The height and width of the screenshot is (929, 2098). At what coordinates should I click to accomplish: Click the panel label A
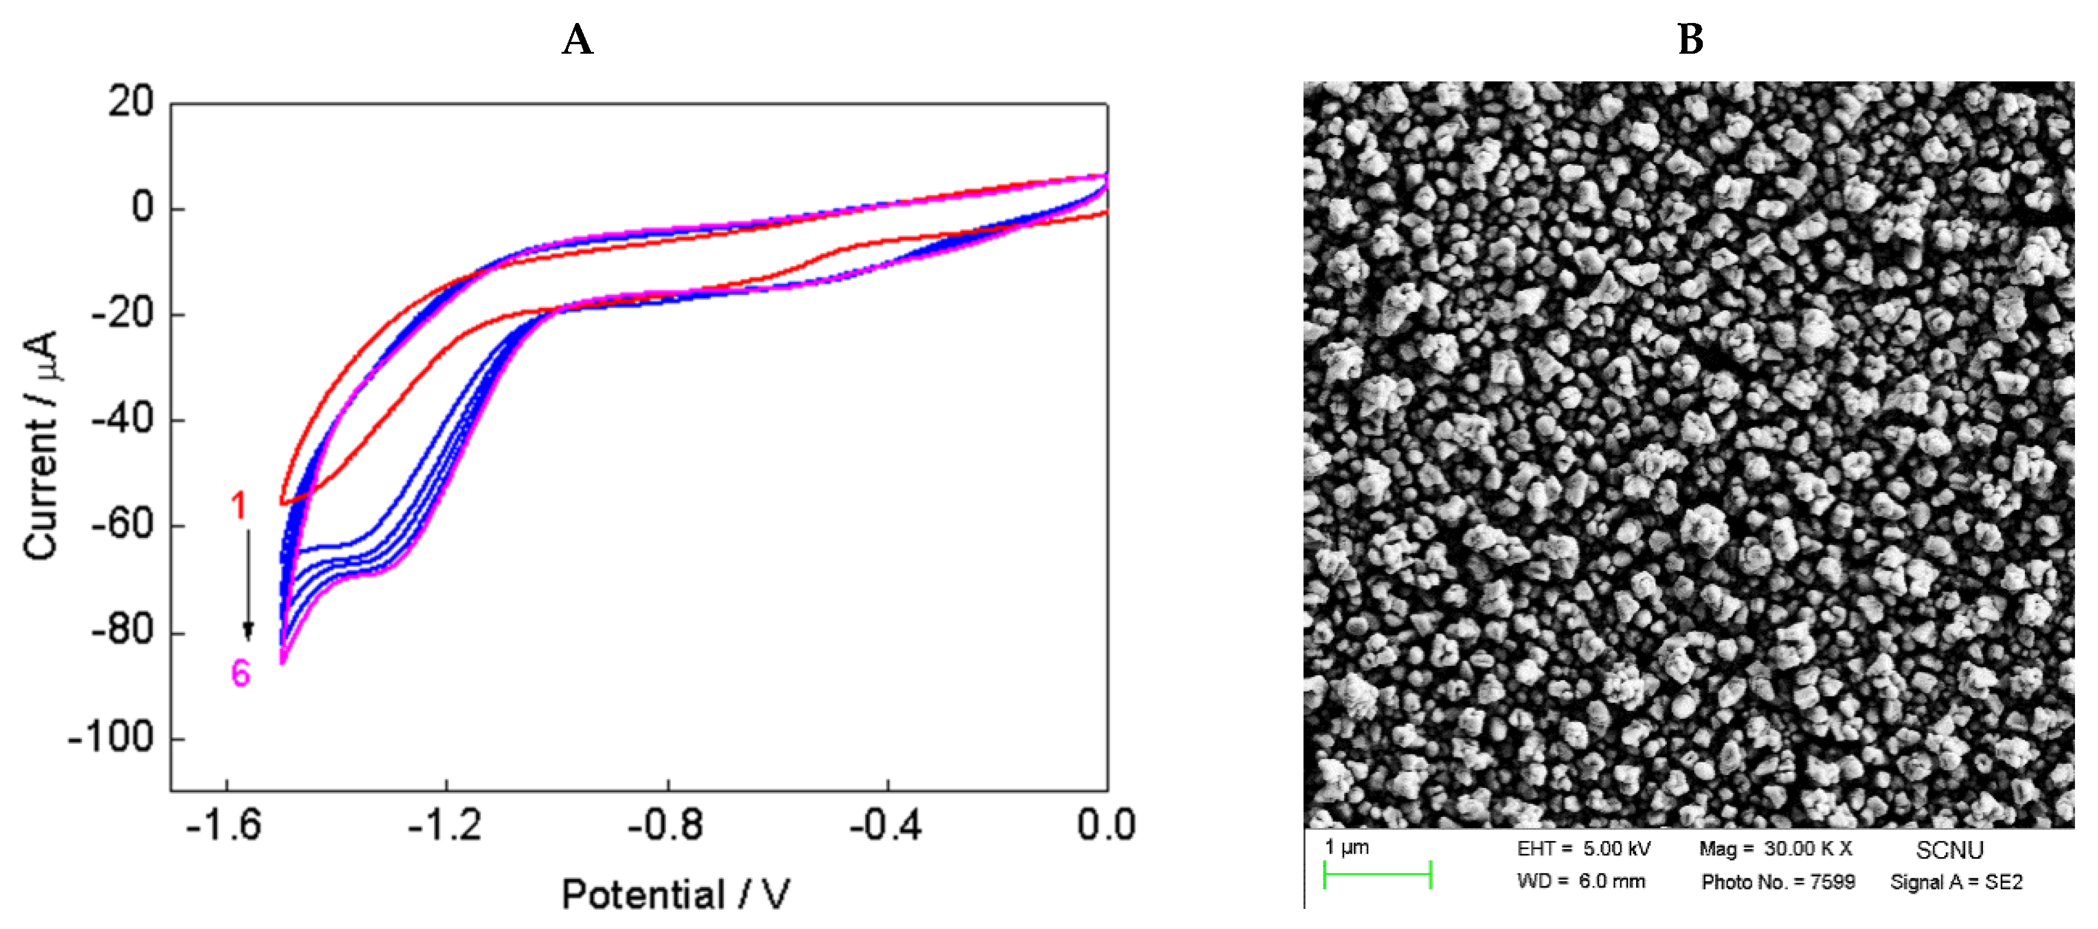tap(577, 39)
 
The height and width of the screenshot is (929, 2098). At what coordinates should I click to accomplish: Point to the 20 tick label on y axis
tap(130, 103)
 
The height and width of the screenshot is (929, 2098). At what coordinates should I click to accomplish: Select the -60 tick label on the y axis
tap(122, 524)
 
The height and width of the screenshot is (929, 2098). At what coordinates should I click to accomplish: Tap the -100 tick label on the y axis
tap(111, 738)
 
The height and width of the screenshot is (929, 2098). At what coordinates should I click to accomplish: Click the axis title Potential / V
tap(675, 895)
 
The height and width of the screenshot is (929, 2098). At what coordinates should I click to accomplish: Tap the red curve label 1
tap(239, 507)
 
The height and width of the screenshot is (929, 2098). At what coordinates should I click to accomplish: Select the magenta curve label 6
tap(240, 674)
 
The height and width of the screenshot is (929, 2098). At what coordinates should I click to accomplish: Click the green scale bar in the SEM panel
tap(1377, 875)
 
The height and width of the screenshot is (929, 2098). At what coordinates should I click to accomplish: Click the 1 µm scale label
tap(1347, 848)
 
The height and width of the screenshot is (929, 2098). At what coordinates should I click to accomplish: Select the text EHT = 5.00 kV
tap(1583, 849)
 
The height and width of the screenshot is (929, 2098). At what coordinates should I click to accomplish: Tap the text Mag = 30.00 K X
tap(1775, 849)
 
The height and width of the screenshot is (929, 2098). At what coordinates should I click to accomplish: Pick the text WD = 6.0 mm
tap(1580, 882)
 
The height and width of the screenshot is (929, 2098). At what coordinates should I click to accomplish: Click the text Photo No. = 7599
tap(1778, 882)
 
